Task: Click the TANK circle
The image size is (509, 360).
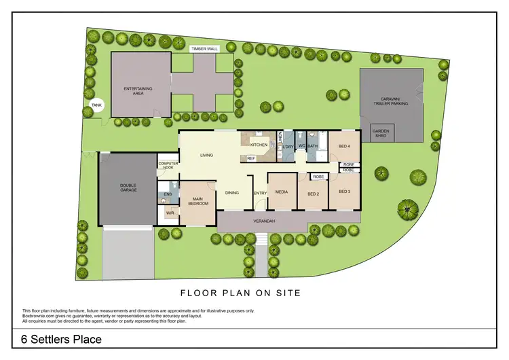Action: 96,105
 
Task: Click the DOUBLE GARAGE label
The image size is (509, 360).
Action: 128,188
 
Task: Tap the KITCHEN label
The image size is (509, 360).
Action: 259,145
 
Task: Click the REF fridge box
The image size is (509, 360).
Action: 250,158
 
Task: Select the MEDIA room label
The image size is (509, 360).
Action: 281,192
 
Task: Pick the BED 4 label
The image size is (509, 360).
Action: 344,145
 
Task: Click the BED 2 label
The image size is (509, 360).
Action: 313,194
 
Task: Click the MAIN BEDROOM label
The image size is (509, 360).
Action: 198,201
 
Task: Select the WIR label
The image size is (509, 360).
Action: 170,213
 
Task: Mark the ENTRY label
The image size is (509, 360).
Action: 260,193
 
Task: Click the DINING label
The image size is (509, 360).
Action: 232,193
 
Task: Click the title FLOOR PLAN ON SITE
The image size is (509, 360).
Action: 240,293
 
